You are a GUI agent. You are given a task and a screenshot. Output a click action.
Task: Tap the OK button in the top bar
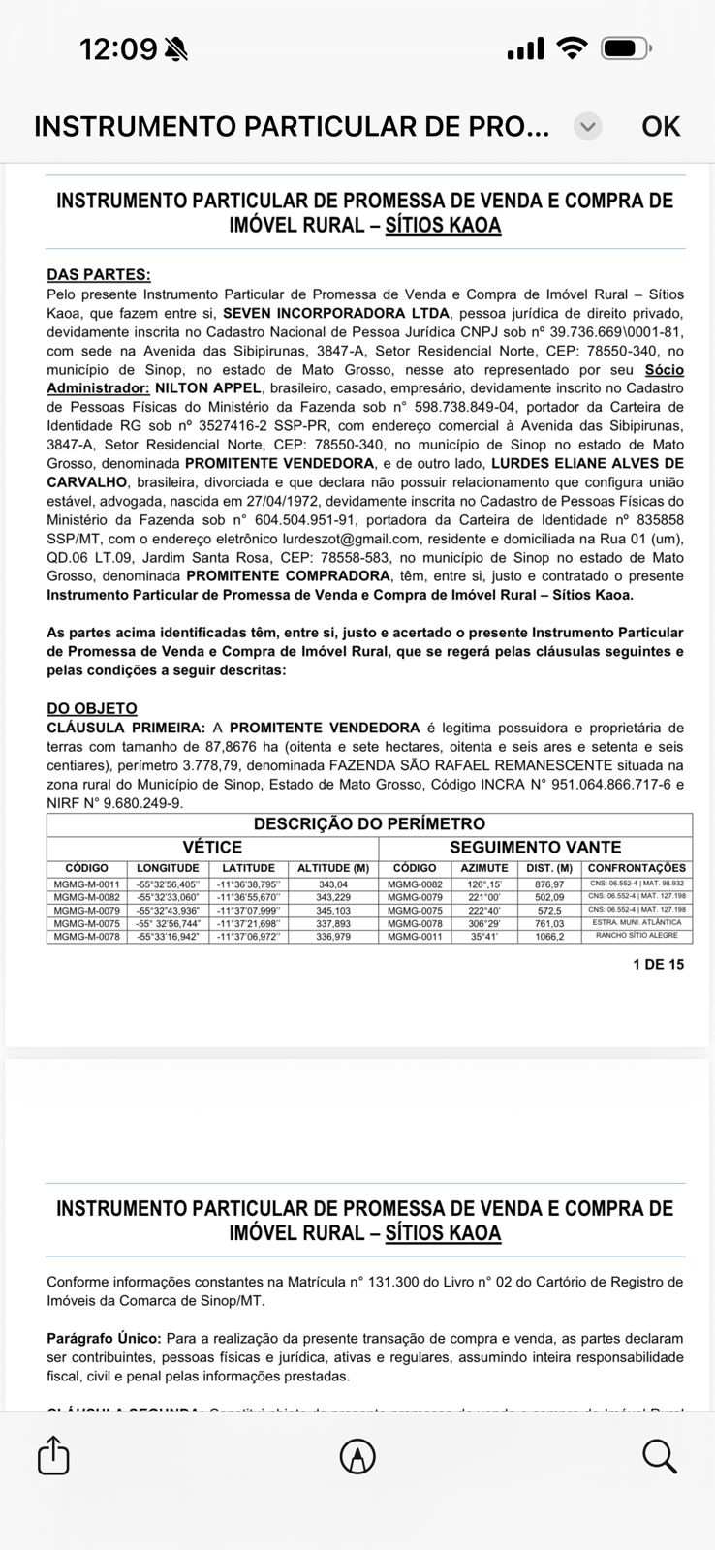(661, 127)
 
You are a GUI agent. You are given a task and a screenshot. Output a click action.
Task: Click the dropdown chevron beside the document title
(587, 127)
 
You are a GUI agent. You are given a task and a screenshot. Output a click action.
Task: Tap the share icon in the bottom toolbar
(53, 1456)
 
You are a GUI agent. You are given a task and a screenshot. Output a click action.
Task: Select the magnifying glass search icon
(659, 1456)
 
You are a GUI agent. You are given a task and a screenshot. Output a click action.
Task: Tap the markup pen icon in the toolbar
(357, 1456)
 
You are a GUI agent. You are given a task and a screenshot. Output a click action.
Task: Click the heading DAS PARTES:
(98, 275)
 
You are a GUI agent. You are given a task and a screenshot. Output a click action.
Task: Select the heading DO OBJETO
(92, 708)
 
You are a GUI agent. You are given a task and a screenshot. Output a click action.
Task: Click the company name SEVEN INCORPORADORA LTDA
(336, 313)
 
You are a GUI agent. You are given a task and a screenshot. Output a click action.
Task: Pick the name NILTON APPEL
(208, 388)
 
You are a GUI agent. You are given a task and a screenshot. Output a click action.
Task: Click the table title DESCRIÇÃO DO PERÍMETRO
(369, 824)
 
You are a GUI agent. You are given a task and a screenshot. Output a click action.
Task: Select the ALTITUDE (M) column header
(333, 868)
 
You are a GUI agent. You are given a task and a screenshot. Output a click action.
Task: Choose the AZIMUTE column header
(483, 868)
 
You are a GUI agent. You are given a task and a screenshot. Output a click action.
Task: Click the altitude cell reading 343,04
(332, 884)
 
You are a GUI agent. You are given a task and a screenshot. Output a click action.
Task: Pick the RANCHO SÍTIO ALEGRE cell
(637, 936)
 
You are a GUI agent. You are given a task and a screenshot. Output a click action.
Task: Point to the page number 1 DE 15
(658, 964)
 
